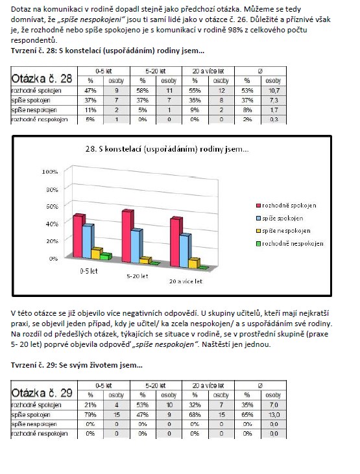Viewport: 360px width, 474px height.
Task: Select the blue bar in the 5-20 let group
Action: coord(137,246)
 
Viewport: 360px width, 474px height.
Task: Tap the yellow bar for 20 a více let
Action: coord(194,263)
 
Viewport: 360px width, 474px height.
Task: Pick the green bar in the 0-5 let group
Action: coord(106,256)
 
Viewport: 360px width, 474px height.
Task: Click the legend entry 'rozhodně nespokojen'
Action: coord(289,244)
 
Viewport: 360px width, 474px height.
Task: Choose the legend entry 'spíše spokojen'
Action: coord(279,219)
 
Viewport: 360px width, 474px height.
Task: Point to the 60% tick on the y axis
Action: coord(52,206)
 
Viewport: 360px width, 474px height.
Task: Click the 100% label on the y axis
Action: coord(50,172)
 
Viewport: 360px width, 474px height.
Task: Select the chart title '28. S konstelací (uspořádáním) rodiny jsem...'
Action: coord(167,149)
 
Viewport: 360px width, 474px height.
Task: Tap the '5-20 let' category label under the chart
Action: coord(138,276)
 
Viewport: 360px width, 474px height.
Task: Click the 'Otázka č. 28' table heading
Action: coord(42,78)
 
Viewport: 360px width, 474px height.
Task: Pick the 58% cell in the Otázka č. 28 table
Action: coord(143,90)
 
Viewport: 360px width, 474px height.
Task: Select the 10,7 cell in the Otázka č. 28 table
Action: coord(274,90)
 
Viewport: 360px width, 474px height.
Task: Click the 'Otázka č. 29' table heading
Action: coord(42,393)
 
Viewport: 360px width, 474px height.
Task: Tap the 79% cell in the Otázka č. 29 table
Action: coord(90,414)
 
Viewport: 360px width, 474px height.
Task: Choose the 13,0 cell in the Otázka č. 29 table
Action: coord(274,414)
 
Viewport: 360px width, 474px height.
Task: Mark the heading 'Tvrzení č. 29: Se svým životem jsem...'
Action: coord(77,365)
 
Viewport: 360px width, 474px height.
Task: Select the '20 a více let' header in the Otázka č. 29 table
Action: coord(208,385)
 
